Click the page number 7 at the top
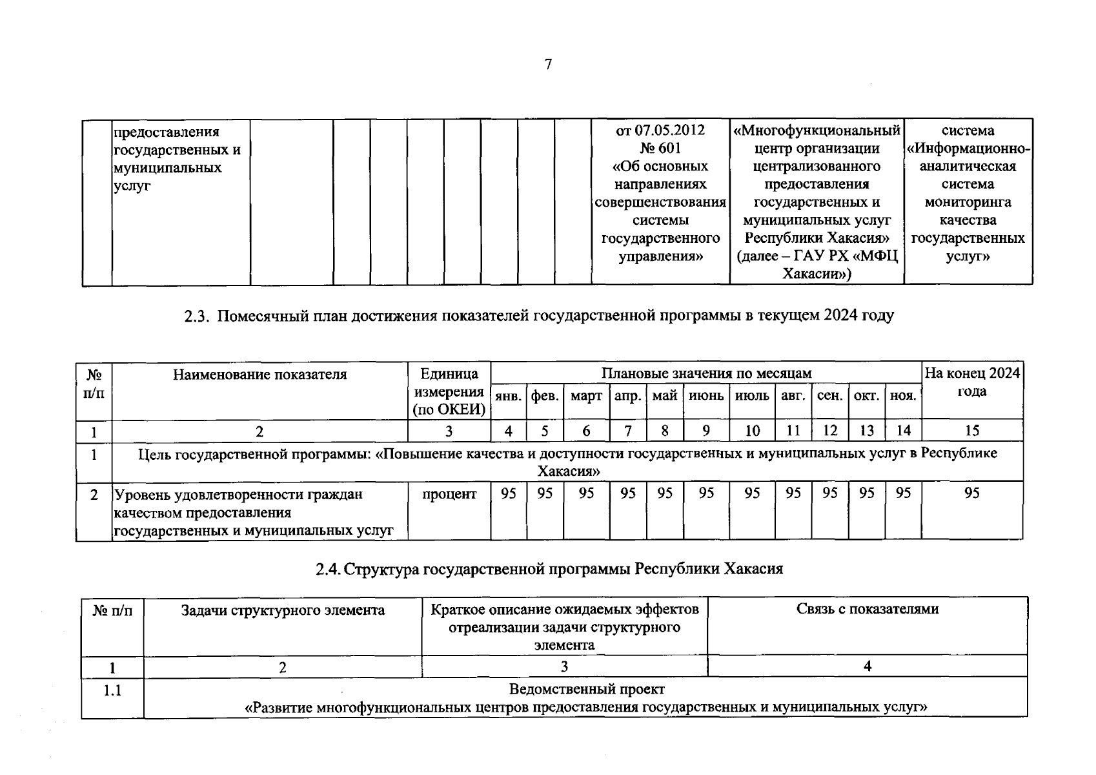(x=548, y=64)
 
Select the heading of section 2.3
(x=539, y=316)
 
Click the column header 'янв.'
(x=509, y=396)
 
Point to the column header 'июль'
(x=752, y=396)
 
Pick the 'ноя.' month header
(x=903, y=396)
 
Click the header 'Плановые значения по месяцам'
(x=706, y=373)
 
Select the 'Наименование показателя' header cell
(x=259, y=375)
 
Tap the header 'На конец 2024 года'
(x=972, y=382)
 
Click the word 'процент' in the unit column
(x=449, y=494)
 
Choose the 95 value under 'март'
(x=586, y=493)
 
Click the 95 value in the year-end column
(x=971, y=493)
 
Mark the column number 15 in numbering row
(x=971, y=431)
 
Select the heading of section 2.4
(x=549, y=569)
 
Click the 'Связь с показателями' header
(x=867, y=609)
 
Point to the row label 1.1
(x=112, y=690)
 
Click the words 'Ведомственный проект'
(x=586, y=689)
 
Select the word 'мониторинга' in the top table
(x=968, y=202)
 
